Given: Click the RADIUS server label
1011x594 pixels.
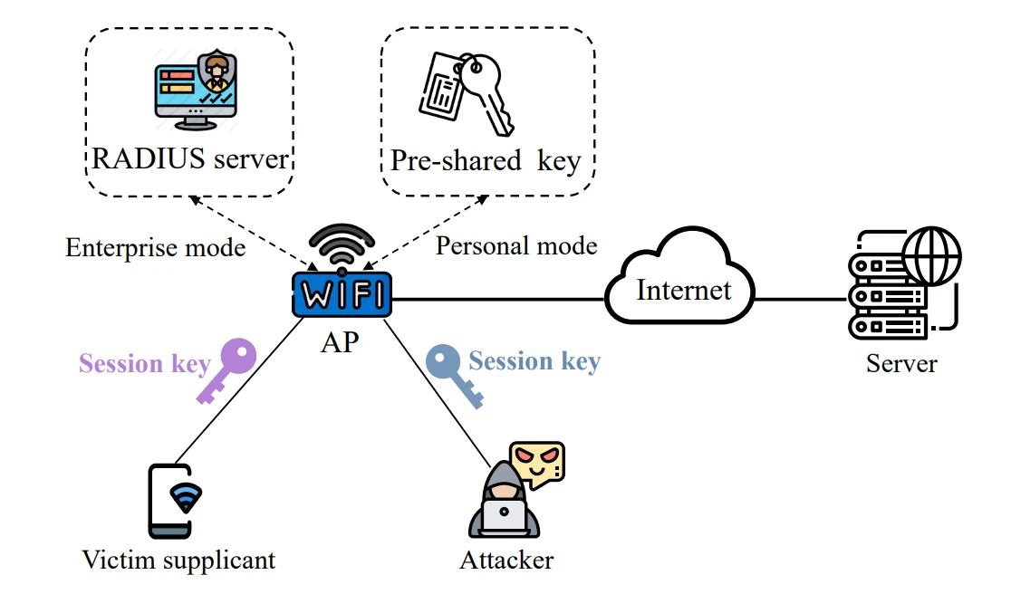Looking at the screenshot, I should [190, 160].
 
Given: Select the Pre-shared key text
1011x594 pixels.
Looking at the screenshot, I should [486, 161].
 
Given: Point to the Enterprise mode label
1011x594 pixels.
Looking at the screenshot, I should [156, 247].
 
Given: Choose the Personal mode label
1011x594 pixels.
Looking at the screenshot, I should [516, 245].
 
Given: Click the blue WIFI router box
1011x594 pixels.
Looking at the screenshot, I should [342, 295].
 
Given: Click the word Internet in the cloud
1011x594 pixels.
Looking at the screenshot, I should [683, 290].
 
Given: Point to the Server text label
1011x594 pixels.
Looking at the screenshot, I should [900, 364].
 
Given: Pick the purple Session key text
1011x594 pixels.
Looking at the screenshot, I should [145, 364].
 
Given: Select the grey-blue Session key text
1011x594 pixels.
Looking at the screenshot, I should [534, 361].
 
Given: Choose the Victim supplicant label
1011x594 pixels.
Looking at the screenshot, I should [178, 560].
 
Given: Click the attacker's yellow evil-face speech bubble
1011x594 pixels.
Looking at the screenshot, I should [536, 465].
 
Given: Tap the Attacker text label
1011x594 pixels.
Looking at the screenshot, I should [506, 560].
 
